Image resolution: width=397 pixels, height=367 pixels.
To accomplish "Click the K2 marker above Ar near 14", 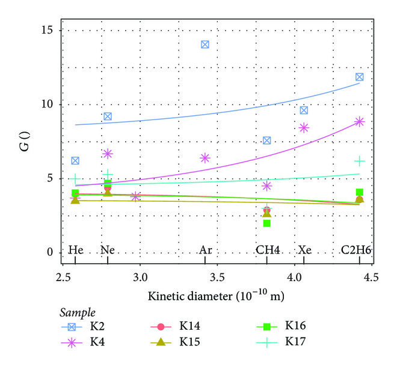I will (x=205, y=44).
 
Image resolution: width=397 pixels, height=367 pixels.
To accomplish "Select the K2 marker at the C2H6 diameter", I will (x=359, y=77).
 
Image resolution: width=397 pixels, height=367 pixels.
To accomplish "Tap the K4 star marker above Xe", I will (x=304, y=127).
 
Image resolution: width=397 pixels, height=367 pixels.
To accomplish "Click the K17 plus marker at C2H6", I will (x=359, y=160).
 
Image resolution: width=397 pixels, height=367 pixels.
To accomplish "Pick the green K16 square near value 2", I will (x=266, y=223).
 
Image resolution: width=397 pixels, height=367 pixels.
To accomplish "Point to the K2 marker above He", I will (x=75, y=160).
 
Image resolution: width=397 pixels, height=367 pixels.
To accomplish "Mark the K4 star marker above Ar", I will (x=205, y=158).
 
